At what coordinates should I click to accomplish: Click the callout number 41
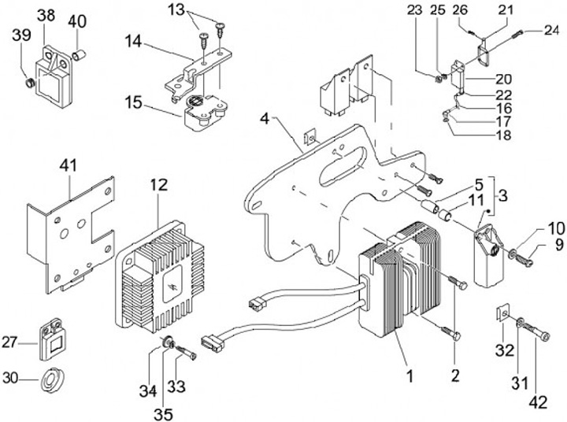[x=68, y=165]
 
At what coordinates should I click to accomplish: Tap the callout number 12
[x=158, y=185]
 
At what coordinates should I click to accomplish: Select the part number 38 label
[x=46, y=16]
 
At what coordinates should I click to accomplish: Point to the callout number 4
[x=265, y=119]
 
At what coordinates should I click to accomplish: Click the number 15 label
[x=133, y=102]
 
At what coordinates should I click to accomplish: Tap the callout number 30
[x=10, y=378]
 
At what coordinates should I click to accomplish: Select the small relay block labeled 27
[x=50, y=339]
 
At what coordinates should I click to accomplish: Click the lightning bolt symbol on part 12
[x=171, y=288]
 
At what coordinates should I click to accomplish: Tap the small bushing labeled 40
[x=79, y=55]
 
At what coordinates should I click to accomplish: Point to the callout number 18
[x=502, y=135]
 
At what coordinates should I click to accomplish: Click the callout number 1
[x=409, y=376]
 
